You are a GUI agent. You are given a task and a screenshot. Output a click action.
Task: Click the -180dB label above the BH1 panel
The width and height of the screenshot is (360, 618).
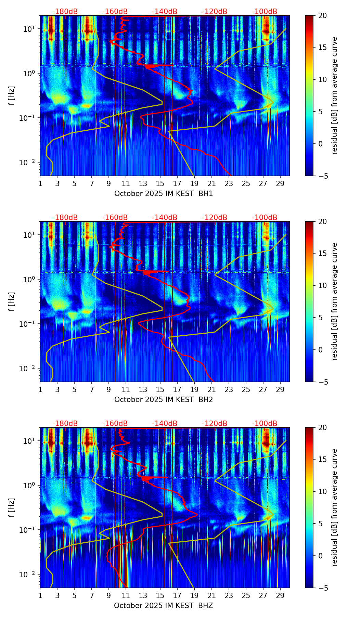[65, 12]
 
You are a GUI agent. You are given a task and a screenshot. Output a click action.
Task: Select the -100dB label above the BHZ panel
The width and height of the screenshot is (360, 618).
[265, 424]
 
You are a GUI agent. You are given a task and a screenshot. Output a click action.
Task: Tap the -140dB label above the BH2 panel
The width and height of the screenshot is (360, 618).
[165, 218]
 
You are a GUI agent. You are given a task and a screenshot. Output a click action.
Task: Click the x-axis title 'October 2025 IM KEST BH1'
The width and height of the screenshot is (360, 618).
[164, 194]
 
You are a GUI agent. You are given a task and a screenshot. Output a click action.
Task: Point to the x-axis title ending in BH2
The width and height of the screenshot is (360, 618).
[164, 400]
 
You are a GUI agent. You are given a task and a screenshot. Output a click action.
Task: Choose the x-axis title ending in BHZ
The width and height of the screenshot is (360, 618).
[164, 606]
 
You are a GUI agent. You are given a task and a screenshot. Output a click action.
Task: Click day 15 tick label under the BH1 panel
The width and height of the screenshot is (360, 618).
[160, 183]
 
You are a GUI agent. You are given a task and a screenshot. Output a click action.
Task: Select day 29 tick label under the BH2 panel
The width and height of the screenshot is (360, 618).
[280, 389]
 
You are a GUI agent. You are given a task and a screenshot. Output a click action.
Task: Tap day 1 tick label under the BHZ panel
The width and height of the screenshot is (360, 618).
[40, 595]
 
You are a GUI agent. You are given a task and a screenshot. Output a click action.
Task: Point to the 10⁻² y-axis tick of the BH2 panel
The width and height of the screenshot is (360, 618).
[29, 368]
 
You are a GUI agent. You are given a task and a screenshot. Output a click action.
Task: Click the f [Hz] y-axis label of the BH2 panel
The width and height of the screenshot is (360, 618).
[12, 301]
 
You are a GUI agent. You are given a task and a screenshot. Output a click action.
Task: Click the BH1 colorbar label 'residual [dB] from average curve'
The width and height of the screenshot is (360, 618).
[334, 95]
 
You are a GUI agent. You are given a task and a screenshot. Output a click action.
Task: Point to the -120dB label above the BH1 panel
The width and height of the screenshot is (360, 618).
[215, 12]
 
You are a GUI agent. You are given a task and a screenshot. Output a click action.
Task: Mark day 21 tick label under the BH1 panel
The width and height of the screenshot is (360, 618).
[211, 183]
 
